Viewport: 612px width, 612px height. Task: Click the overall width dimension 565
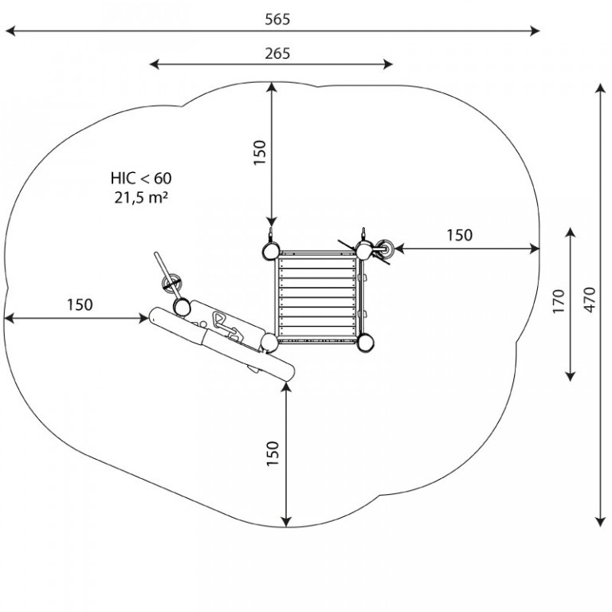click(277, 19)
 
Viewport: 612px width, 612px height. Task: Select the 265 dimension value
click(277, 53)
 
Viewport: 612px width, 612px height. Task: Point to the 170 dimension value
click(559, 301)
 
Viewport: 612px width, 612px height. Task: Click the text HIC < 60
click(141, 178)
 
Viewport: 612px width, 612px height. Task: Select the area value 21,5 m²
click(141, 198)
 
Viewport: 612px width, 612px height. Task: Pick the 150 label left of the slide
click(80, 305)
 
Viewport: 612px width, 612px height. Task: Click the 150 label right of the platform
click(459, 235)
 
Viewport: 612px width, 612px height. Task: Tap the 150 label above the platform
click(260, 152)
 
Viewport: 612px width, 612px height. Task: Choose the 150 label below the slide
click(273, 453)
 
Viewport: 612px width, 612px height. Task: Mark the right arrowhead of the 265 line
click(388, 65)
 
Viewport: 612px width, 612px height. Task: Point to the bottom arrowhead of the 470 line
click(600, 522)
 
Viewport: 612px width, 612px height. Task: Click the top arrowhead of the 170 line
click(571, 232)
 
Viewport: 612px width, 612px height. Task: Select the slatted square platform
click(317, 297)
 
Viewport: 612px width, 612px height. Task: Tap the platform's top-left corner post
click(270, 250)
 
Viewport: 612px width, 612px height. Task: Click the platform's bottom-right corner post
click(366, 343)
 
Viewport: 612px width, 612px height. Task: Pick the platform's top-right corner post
click(363, 250)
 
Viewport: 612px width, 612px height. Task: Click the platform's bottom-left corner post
click(269, 343)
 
